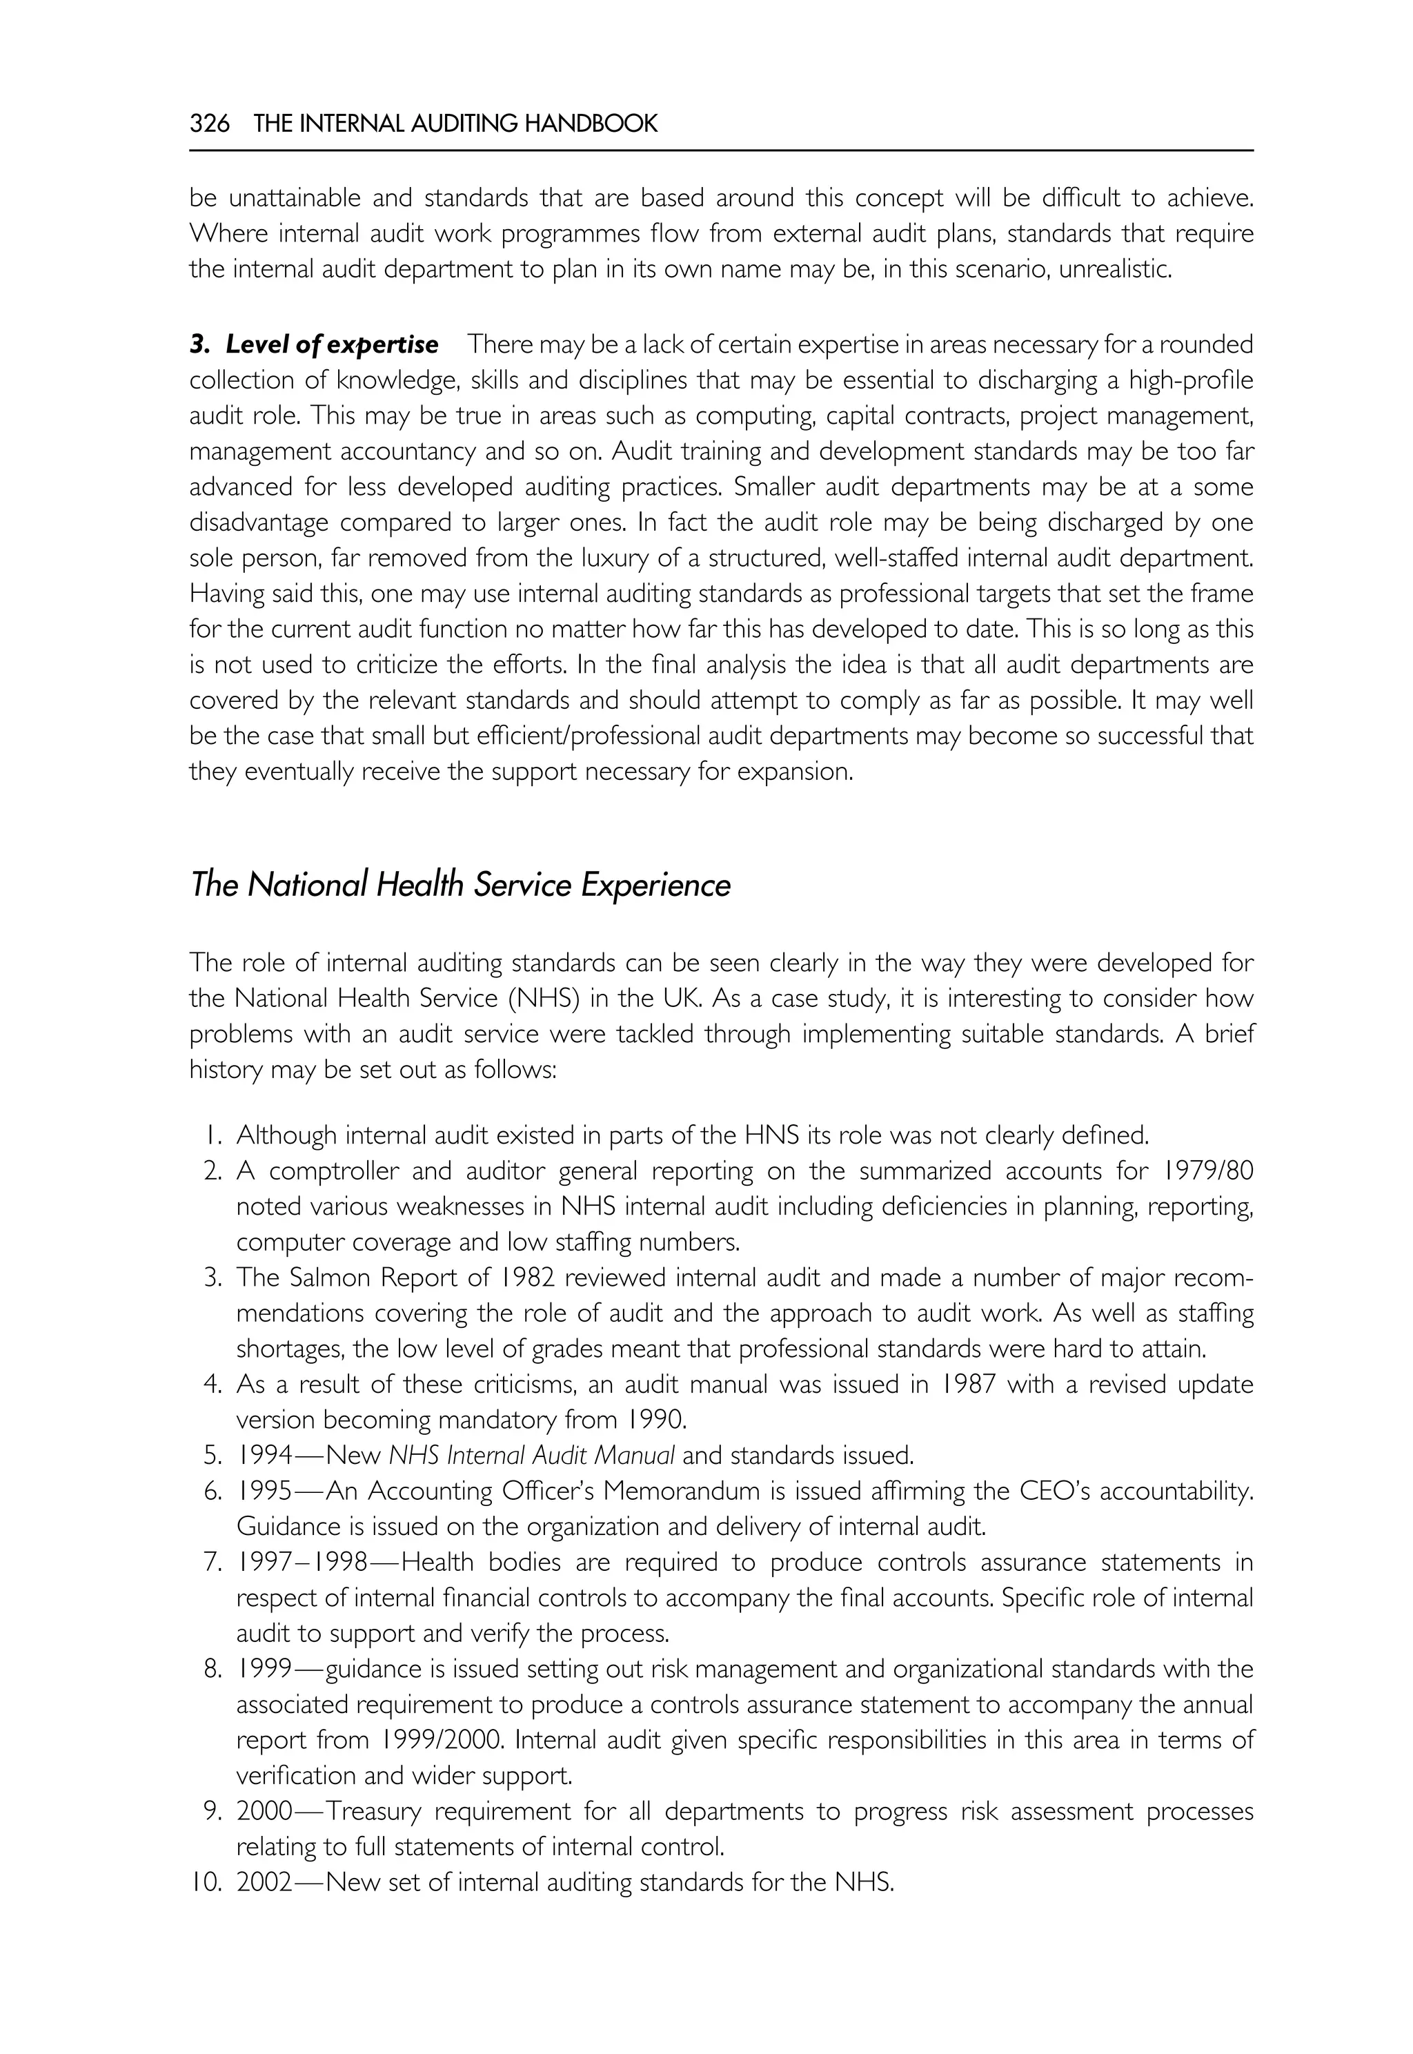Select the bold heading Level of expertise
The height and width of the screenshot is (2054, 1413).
[x=331, y=344]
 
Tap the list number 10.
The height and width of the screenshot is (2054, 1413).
[x=204, y=1882]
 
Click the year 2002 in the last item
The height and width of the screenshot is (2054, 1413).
[x=264, y=1882]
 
